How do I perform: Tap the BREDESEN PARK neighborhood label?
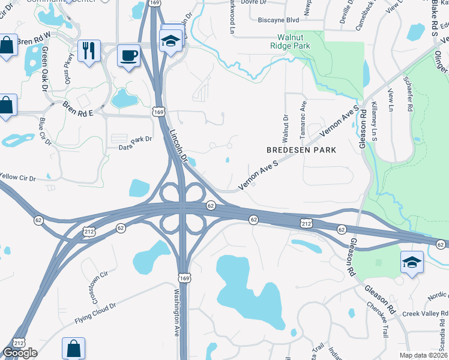click(297, 149)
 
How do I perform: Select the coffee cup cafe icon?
click(128, 56)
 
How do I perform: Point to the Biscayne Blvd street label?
click(278, 19)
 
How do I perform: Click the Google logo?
click(20, 353)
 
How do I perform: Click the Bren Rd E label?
click(79, 109)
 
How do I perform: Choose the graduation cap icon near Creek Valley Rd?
click(411, 262)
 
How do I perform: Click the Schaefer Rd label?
click(409, 95)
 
